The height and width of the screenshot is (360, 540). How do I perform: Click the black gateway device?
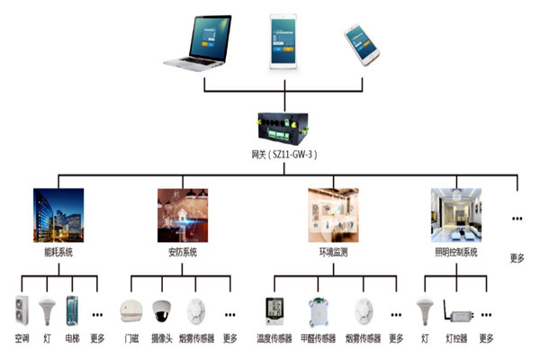284,127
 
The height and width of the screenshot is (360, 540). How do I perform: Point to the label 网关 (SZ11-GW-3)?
284,154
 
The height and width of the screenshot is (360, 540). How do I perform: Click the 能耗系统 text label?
57,252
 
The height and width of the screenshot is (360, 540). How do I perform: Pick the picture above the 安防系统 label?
183,214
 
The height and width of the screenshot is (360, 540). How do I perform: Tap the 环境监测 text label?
332,252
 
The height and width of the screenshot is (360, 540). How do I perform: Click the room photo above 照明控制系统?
456,214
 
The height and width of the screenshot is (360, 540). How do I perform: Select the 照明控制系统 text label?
456,252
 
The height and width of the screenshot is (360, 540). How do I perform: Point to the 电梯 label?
73,339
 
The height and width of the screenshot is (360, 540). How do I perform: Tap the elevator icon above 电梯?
73,311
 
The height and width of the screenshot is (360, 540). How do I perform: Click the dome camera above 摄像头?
161,311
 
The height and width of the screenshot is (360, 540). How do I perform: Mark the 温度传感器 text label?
274,339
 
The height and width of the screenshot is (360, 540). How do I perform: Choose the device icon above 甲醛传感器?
318,311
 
